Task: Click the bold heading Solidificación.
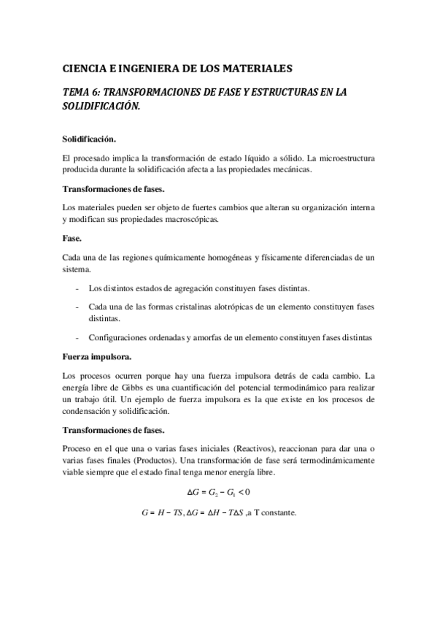pos(89,138)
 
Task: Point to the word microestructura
pos(343,158)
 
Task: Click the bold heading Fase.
pos(73,237)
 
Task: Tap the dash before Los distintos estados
pos(77,288)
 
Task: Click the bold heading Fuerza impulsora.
pos(97,357)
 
